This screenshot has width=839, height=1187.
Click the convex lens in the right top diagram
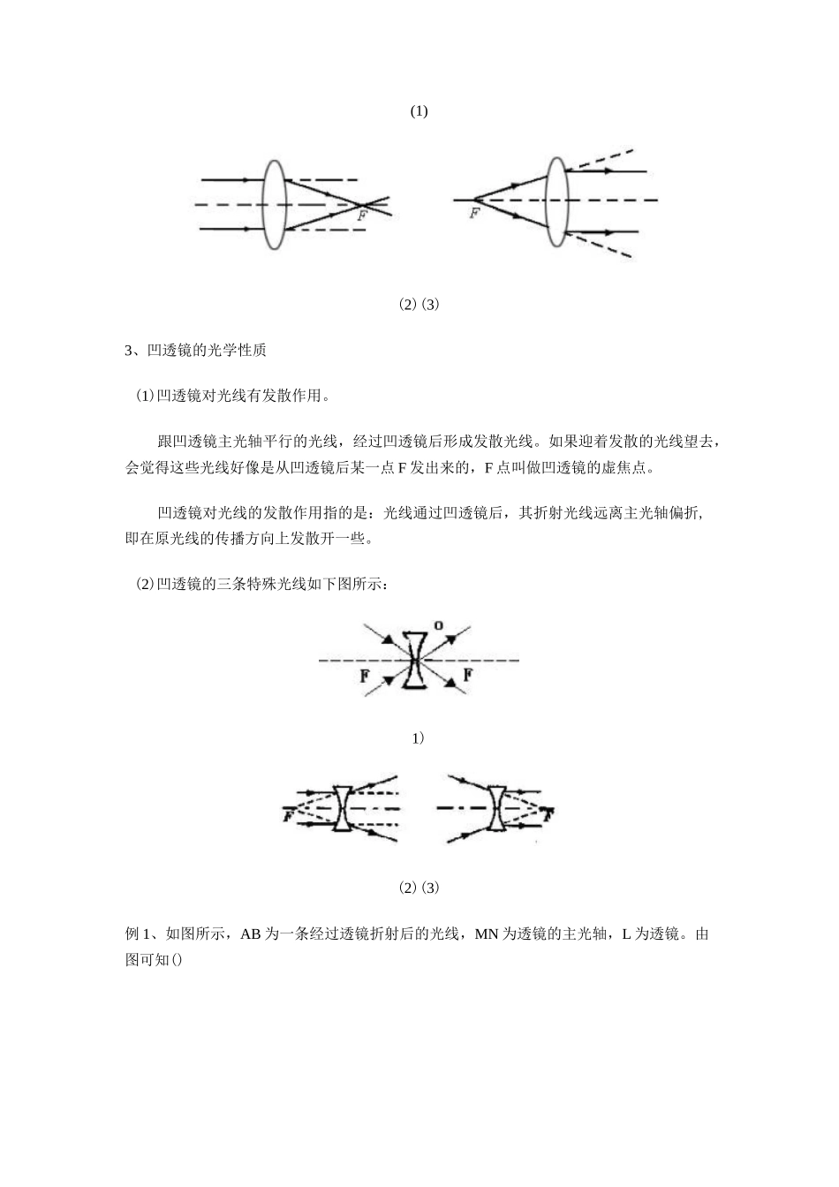(556, 202)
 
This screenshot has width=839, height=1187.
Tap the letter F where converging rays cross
(362, 215)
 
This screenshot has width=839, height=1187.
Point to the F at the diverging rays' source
(474, 213)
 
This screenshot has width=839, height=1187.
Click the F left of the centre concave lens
(364, 677)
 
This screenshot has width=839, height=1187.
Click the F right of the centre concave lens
(468, 676)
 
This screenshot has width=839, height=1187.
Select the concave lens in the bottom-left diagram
(343, 808)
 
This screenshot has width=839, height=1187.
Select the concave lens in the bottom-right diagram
(497, 808)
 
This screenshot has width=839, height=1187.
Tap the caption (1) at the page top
(419, 111)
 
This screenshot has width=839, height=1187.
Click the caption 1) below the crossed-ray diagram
(419, 737)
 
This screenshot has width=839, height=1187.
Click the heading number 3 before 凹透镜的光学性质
(129, 351)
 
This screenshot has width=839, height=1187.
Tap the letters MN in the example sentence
(488, 934)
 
